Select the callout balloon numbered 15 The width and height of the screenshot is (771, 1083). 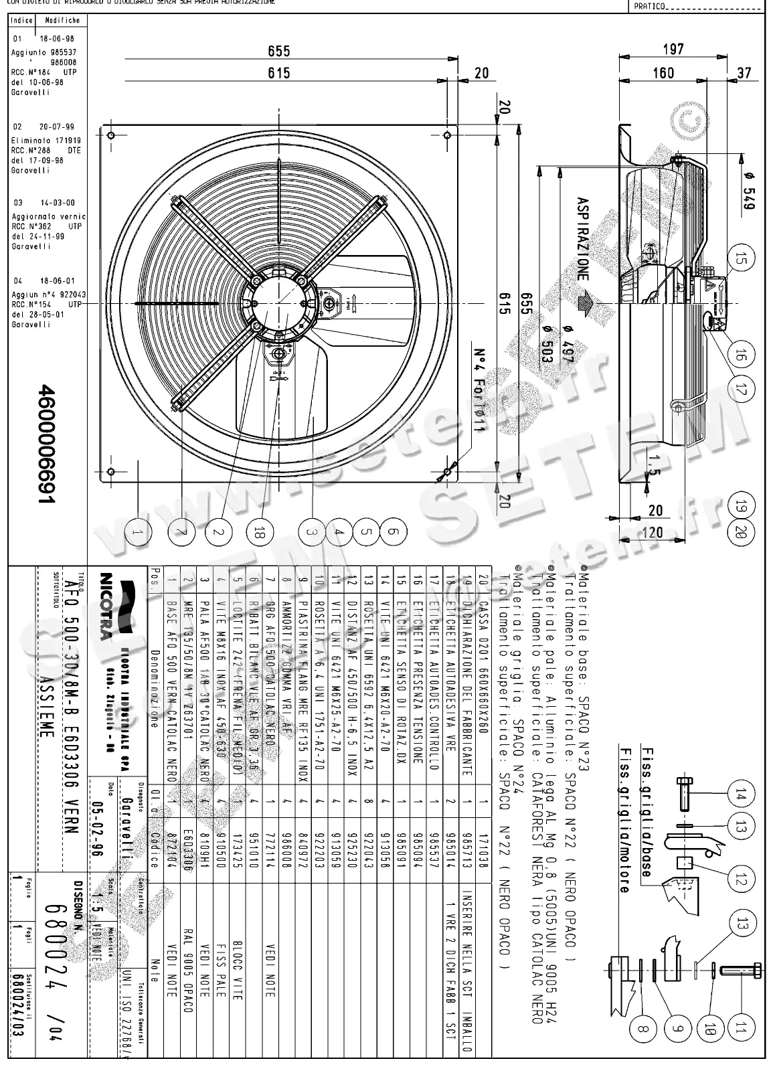tap(740, 258)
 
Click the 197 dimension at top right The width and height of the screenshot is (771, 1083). tap(673, 49)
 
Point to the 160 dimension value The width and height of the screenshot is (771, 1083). tap(663, 72)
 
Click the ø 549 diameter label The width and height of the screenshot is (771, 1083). tap(749, 193)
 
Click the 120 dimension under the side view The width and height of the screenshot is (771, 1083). tap(654, 533)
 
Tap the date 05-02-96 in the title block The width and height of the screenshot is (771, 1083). tap(98, 825)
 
